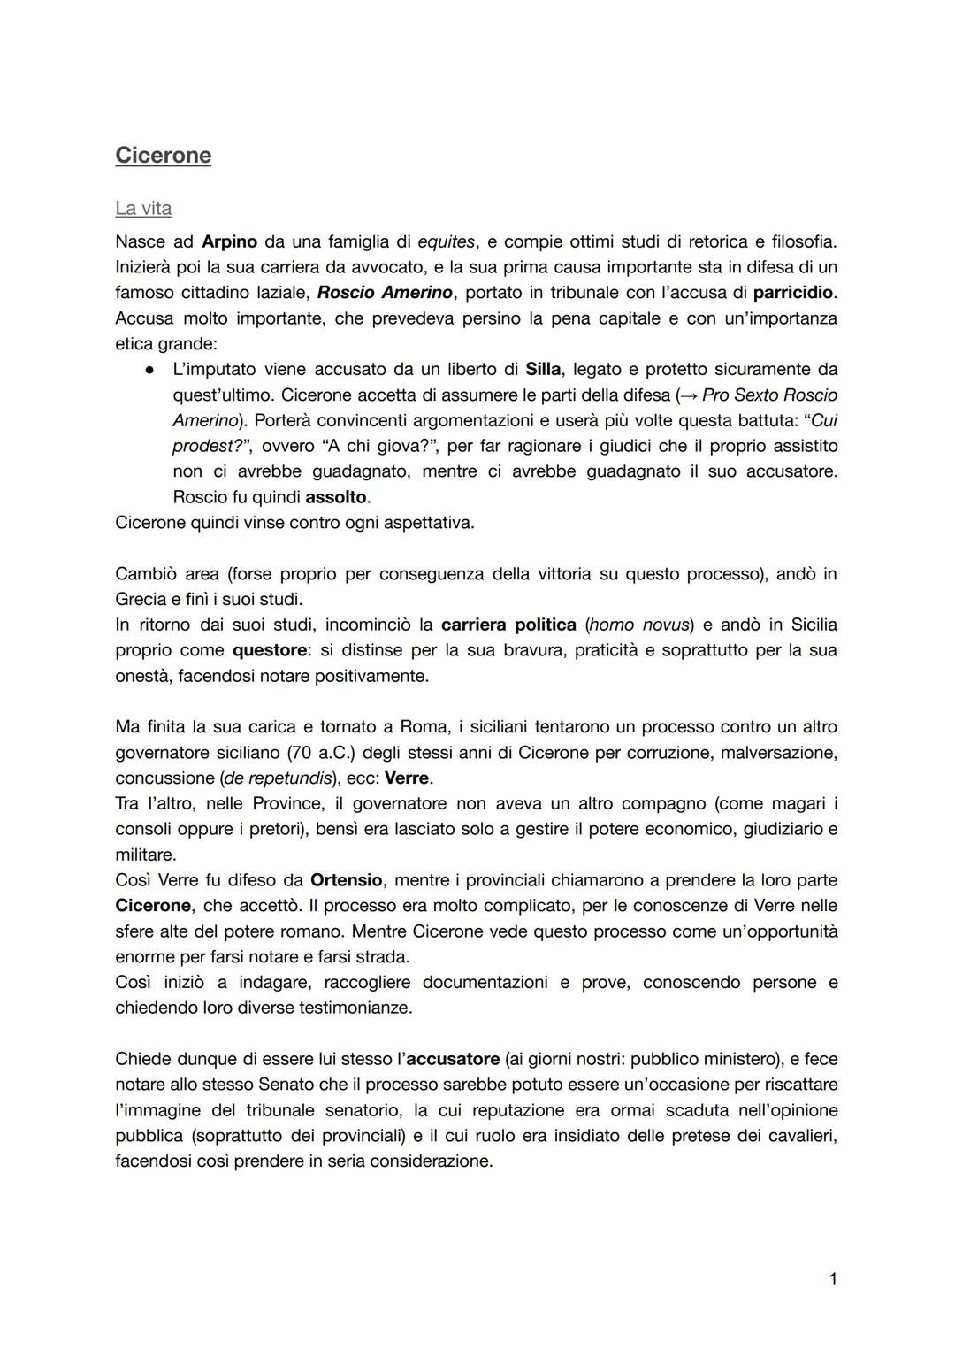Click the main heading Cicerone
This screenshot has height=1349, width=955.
click(163, 156)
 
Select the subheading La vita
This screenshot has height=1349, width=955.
click(143, 209)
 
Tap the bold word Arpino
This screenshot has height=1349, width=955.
click(229, 241)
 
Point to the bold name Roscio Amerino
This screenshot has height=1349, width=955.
click(385, 292)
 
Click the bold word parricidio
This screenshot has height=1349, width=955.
click(793, 292)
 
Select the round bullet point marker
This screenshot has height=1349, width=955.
click(151, 369)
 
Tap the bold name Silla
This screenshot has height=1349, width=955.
click(543, 369)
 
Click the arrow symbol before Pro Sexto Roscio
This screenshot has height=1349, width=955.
click(687, 395)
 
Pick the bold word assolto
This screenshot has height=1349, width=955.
click(335, 497)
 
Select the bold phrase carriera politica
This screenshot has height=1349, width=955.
click(508, 625)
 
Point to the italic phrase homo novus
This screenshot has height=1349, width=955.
click(642, 625)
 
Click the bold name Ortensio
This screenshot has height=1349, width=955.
click(346, 880)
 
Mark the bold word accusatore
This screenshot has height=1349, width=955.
click(453, 1059)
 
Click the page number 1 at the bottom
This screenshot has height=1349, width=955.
click(833, 1278)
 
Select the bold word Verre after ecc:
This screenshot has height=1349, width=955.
click(407, 778)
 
